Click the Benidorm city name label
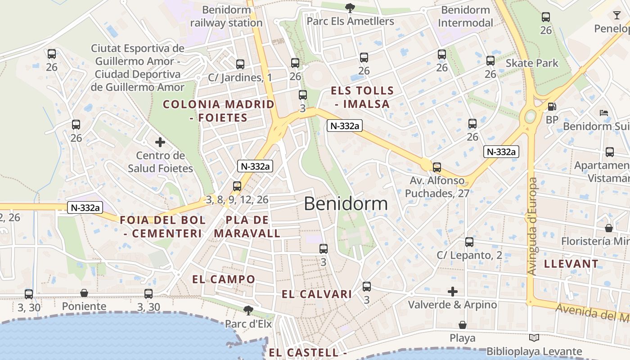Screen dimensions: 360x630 click(346, 204)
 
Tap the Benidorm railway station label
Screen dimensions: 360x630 click(226, 16)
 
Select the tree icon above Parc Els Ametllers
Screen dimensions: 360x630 click(350, 8)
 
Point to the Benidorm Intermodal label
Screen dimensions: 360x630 click(466, 16)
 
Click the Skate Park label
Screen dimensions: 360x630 click(532, 63)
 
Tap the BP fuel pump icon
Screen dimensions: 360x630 click(552, 107)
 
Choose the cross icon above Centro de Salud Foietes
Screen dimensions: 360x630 click(160, 143)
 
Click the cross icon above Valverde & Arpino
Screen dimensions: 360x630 click(453, 292)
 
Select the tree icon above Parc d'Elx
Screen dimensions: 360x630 click(247, 310)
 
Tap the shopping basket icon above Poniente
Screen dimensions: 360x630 click(84, 293)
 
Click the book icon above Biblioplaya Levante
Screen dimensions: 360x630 click(534, 338)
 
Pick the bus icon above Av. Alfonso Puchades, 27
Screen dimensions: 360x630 click(436, 167)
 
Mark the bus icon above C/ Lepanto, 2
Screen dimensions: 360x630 click(469, 242)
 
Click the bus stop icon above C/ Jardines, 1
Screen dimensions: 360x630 click(240, 64)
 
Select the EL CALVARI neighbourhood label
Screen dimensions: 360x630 click(317, 295)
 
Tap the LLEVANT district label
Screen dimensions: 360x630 click(571, 264)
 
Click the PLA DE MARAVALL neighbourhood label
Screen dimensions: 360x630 click(247, 227)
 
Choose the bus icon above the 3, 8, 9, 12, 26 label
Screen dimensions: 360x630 click(237, 186)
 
